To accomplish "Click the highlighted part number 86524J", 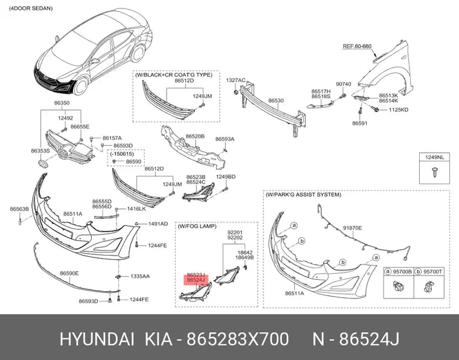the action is (x=196, y=280).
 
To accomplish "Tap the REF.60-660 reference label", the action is (x=357, y=47).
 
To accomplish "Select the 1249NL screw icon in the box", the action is (x=434, y=172).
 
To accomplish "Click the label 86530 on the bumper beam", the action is (x=276, y=100).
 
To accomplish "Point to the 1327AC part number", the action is (x=236, y=80).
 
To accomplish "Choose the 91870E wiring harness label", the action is (x=353, y=228).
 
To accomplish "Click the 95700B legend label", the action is (x=402, y=272).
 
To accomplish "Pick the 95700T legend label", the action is (x=432, y=272).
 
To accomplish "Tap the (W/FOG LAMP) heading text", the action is (x=197, y=227).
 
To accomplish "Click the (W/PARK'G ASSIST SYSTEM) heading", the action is (x=303, y=194).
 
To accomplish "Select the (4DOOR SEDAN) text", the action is (x=31, y=8).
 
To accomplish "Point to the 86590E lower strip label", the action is (x=69, y=274).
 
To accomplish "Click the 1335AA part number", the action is (x=140, y=276).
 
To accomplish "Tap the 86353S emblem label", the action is (x=40, y=150).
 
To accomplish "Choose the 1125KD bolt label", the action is (x=399, y=110).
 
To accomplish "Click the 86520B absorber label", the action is (x=195, y=136).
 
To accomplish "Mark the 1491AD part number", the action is (x=158, y=224).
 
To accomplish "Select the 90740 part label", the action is (x=344, y=85).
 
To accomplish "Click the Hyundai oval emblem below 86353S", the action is (x=43, y=164).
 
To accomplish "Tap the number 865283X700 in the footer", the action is (x=238, y=339).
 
